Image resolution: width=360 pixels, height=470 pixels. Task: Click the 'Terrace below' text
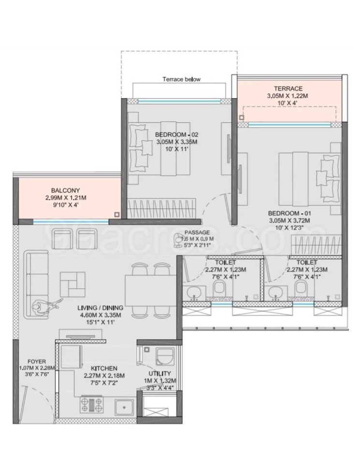tap(181, 79)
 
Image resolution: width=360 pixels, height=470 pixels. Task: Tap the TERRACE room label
tap(288, 88)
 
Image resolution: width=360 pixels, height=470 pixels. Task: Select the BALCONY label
tap(67, 190)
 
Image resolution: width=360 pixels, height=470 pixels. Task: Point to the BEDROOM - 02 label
tap(177, 134)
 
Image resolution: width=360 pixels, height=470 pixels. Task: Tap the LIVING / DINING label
tap(101, 307)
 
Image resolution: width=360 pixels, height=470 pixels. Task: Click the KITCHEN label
tap(104, 368)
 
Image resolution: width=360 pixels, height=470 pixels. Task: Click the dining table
tap(147, 288)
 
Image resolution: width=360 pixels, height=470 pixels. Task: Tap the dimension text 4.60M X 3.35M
tap(101, 315)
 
